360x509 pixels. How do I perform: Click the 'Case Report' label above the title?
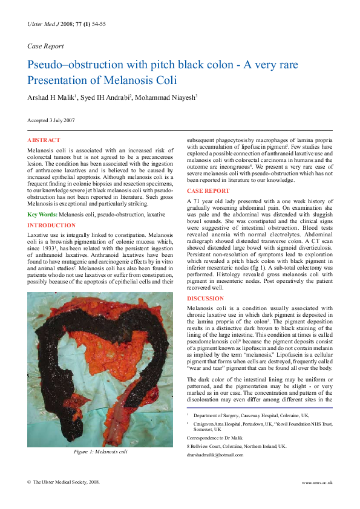[x=45, y=46]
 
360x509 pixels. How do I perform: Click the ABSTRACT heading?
[x=44, y=140]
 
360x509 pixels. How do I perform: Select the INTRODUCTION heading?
[x=51, y=225]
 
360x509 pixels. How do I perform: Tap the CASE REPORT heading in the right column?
[x=208, y=191]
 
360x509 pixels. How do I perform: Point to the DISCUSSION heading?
[x=205, y=299]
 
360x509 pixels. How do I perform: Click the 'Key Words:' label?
[x=42, y=215]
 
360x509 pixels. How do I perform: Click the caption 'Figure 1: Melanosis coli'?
[x=100, y=452]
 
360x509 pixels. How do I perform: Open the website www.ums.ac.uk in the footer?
[x=317, y=482]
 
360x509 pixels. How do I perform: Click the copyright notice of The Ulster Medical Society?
[x=64, y=482]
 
